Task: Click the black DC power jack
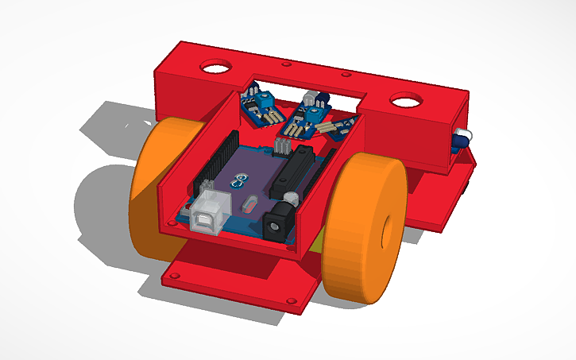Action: [280, 223]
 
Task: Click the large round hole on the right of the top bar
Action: [406, 100]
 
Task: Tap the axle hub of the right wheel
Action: [387, 231]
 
